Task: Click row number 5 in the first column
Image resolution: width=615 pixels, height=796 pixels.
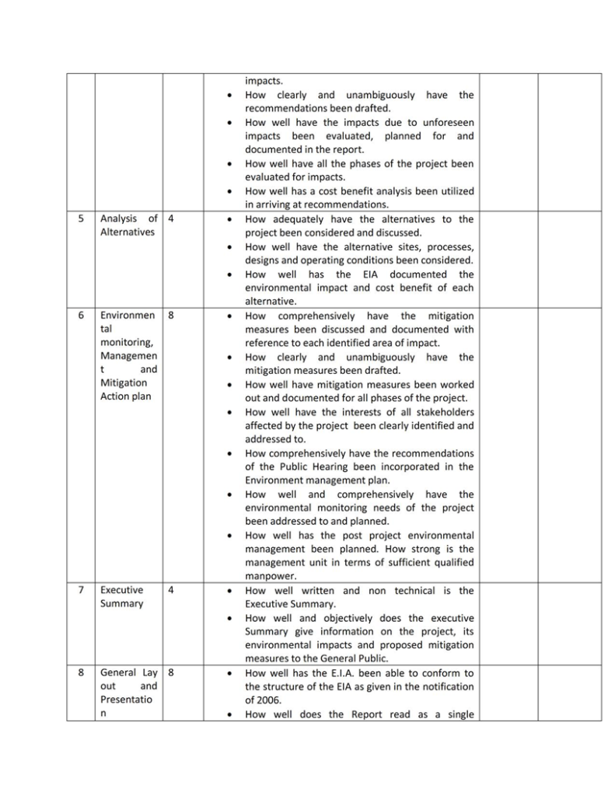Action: [x=81, y=219]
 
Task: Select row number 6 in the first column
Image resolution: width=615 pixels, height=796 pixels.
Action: [x=81, y=316]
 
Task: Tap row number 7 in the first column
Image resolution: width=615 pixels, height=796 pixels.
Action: [x=81, y=591]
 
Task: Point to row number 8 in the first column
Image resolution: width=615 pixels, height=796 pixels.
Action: [x=81, y=672]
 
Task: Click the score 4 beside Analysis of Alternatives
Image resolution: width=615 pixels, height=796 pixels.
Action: [x=170, y=219]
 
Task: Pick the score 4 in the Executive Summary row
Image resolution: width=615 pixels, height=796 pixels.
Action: [x=170, y=591]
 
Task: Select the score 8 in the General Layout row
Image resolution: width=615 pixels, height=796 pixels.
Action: [x=170, y=672]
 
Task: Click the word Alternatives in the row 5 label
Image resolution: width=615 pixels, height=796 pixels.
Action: [x=127, y=233]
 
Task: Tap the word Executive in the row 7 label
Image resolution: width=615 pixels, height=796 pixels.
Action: [x=121, y=591]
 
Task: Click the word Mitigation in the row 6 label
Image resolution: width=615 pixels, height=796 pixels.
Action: [x=124, y=383]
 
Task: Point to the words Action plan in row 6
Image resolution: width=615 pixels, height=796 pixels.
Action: [x=125, y=397]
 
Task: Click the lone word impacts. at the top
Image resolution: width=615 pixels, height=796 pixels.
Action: [x=264, y=81]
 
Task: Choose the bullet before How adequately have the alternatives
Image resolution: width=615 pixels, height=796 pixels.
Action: [x=228, y=220]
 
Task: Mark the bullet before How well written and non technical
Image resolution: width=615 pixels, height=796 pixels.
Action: [x=228, y=592]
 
